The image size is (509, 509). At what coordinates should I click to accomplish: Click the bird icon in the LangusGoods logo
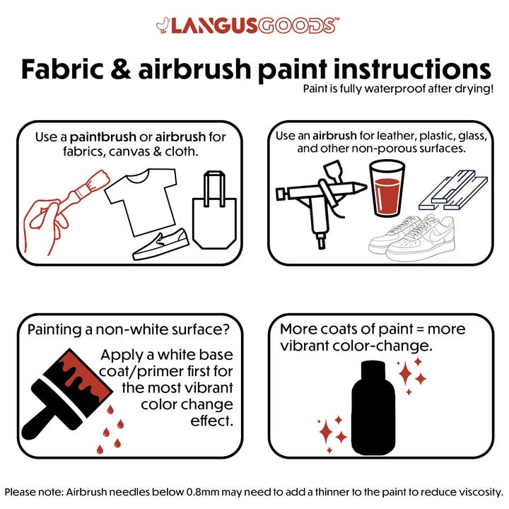163,25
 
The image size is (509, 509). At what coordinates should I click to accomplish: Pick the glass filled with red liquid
387,187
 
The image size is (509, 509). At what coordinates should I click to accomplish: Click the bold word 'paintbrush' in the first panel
99,136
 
